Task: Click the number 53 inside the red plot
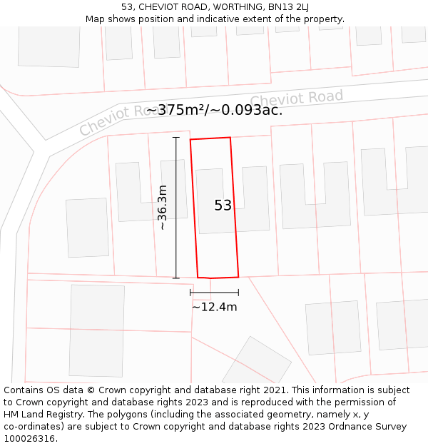(x=223, y=206)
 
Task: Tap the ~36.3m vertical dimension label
(x=163, y=207)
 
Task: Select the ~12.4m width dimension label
(x=214, y=307)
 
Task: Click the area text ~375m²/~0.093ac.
(x=214, y=110)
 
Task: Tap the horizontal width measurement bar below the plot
(x=214, y=292)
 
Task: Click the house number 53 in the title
(x=128, y=7)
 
